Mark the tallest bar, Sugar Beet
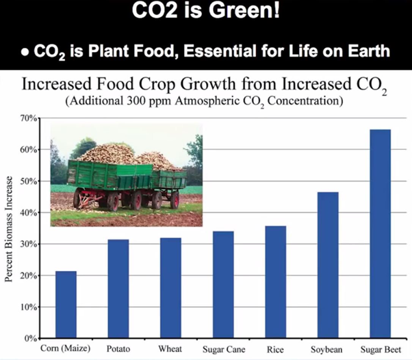tap(380, 233)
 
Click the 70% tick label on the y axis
tap(29, 118)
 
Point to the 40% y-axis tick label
tap(29, 213)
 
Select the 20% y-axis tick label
tap(29, 275)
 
